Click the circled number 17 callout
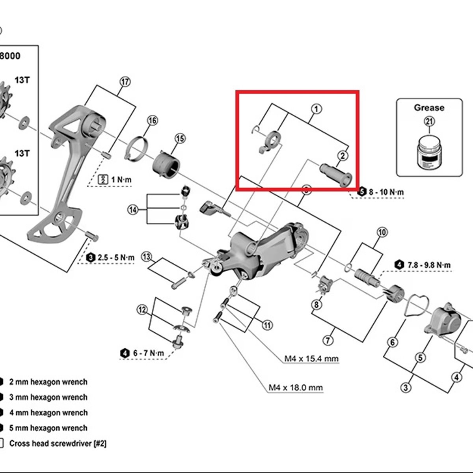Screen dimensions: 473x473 tap(125, 82)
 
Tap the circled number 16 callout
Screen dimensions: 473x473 tap(152, 120)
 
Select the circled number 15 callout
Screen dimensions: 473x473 tap(180, 139)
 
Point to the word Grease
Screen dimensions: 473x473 tap(429, 108)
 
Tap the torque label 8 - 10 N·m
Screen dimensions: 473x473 tap(386, 192)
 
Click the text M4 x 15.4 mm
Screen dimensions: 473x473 tap(311, 359)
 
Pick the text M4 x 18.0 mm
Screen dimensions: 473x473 tap(296, 387)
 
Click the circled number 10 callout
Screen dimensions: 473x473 tap(382, 232)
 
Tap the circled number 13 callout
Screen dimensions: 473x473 tap(147, 257)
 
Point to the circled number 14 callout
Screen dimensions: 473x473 tap(133, 210)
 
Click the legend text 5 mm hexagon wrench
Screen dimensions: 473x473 tap(48, 428)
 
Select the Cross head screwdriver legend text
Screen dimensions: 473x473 tap(58, 443)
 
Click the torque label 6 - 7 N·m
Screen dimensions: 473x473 tap(148, 353)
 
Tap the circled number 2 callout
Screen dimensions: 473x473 tap(343, 156)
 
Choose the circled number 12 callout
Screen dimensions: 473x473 tap(142, 310)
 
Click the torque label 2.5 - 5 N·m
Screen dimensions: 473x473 tap(116, 257)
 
